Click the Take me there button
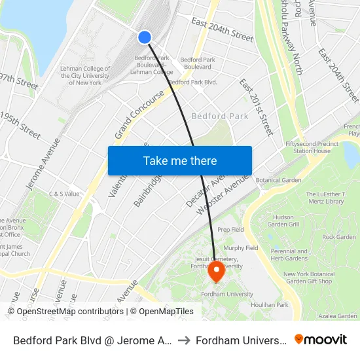click(x=180, y=160)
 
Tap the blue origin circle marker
click(x=145, y=37)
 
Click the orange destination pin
click(x=216, y=270)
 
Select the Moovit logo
click(x=321, y=339)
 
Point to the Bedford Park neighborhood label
click(x=219, y=117)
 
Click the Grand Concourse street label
click(x=140, y=115)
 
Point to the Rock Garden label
click(x=338, y=237)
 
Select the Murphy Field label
click(x=241, y=248)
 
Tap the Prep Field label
click(x=230, y=230)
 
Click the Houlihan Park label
click(x=274, y=305)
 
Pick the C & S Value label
click(x=64, y=194)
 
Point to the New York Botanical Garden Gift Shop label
click(x=308, y=278)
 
